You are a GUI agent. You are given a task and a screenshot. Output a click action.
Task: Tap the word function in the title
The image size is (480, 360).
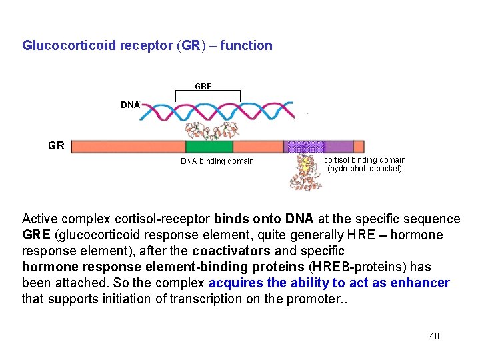coord(247,46)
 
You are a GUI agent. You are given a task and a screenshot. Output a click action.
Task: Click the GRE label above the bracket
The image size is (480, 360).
coord(203,87)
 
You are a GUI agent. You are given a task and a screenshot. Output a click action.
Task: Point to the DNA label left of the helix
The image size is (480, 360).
coord(130,105)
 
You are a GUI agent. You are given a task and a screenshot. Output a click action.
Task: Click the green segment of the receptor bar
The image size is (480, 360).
coord(209,147)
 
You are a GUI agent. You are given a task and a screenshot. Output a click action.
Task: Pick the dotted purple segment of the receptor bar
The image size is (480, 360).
coord(304,147)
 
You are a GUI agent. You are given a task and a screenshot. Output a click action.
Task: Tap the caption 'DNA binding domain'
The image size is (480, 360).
coord(217,161)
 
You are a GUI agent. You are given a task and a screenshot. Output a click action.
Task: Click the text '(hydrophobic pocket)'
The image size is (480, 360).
coord(365,169)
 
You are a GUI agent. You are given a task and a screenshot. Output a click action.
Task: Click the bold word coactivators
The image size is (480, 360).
coord(231,251)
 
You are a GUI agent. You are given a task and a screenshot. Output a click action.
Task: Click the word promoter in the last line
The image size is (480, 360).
coord(315,299)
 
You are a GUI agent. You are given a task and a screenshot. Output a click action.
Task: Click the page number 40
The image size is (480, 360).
coord(434,337)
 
